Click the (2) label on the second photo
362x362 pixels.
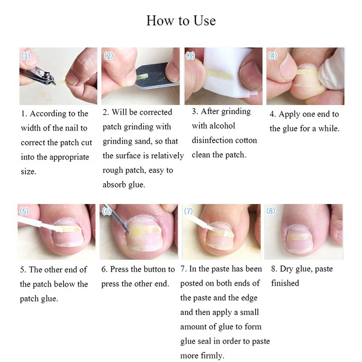click(x=109, y=55)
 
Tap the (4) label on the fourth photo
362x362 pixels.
click(x=273, y=55)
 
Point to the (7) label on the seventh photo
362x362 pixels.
click(x=189, y=211)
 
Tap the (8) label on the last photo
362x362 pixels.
click(x=271, y=211)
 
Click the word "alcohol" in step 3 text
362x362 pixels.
click(x=221, y=126)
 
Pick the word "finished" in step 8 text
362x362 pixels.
click(x=285, y=283)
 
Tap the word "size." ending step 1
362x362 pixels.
click(x=29, y=172)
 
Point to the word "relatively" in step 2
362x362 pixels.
click(x=167, y=156)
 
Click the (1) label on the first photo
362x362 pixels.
click(x=26, y=55)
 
